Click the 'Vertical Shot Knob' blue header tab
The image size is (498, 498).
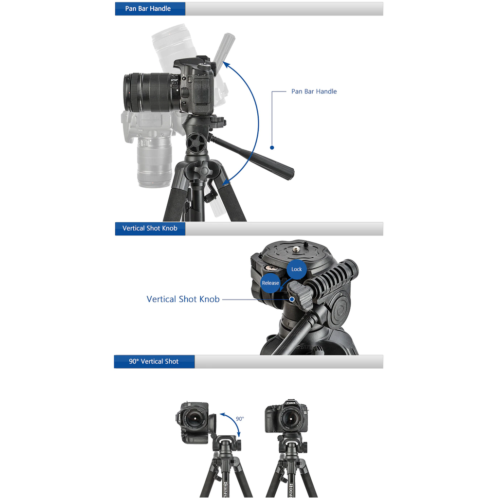[150, 229]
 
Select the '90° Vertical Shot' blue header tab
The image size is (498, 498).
[154, 362]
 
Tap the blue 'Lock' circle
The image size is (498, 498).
[297, 269]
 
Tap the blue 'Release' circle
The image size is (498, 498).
[270, 283]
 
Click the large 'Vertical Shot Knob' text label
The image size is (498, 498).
[183, 300]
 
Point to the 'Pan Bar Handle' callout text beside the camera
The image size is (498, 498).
[314, 91]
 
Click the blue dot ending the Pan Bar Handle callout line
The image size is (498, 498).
[272, 147]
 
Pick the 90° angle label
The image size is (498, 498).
[240, 419]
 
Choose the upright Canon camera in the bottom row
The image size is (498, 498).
[286, 417]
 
